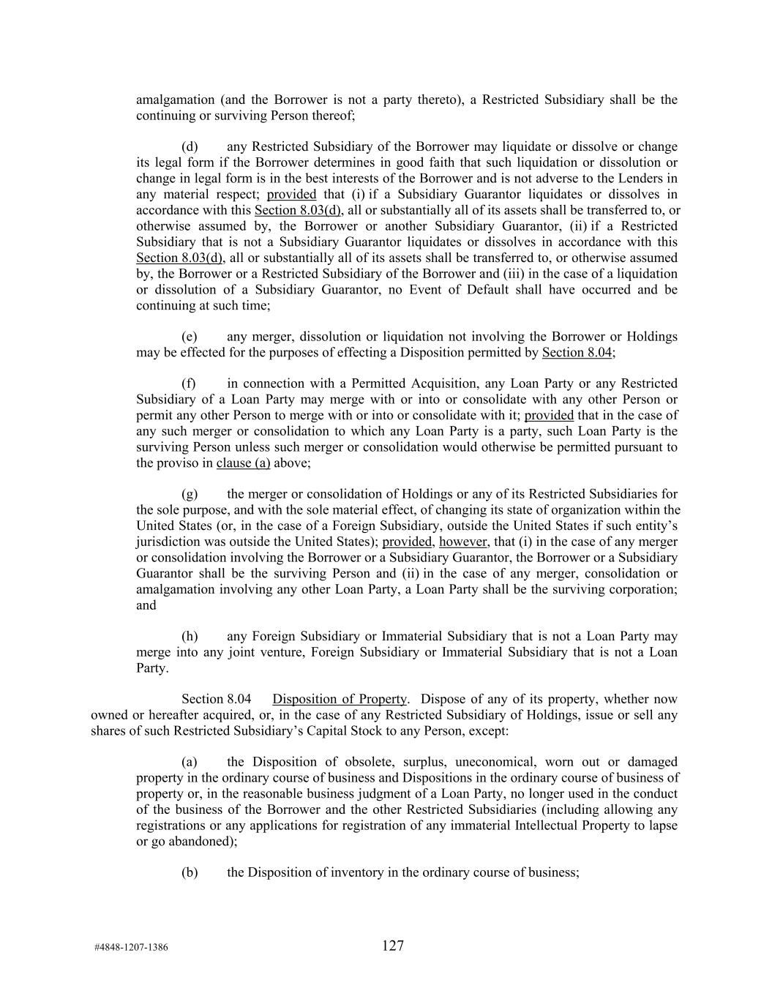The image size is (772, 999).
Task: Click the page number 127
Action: coord(392,946)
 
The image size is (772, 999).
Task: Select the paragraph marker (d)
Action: coord(190,146)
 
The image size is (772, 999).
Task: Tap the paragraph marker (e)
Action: coord(190,337)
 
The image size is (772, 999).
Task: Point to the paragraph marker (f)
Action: coord(189,383)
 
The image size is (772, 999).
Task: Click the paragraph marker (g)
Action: coord(190,494)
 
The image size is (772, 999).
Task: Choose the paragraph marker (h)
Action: coord(190,637)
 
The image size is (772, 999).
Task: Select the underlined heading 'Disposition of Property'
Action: coord(340,699)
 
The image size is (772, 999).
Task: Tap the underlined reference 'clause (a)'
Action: coord(243,463)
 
